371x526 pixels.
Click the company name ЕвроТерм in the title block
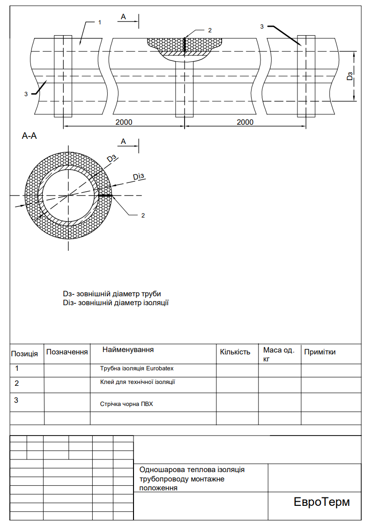point(321,502)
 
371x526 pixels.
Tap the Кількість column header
point(235,352)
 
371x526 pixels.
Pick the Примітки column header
point(319,352)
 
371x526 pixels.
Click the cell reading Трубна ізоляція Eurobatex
point(137,368)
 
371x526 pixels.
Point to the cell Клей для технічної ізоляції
point(137,382)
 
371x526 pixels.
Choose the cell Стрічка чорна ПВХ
point(126,404)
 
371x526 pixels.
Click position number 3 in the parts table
point(16,400)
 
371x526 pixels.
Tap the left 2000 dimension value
point(123,122)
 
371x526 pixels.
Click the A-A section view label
point(29,136)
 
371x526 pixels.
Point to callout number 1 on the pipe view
point(99,22)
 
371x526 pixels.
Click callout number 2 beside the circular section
point(143,216)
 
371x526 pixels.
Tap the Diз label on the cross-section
point(140,177)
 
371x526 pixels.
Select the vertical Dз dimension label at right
point(349,75)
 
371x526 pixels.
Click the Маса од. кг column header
point(279,354)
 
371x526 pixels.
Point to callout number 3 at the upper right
point(262,27)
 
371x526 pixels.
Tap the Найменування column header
point(128,350)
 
